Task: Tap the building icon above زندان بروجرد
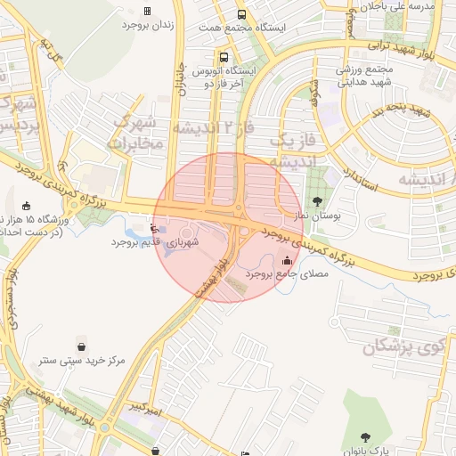(147, 11)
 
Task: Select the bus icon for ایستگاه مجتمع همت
(241, 14)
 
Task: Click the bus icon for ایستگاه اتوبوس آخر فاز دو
(224, 58)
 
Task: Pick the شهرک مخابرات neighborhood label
(138, 132)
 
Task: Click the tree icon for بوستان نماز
(318, 199)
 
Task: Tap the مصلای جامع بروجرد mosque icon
(287, 261)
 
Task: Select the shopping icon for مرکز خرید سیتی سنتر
(82, 346)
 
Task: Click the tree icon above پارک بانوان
(367, 436)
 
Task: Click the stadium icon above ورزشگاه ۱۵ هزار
(27, 205)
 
